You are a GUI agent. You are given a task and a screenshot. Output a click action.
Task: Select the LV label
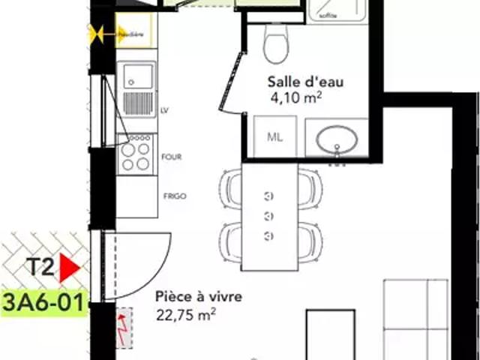pyautogui.click(x=164, y=110)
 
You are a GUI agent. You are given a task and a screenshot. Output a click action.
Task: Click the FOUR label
pyautogui.click(x=171, y=157)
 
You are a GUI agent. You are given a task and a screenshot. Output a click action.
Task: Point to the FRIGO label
pyautogui.click(x=175, y=196)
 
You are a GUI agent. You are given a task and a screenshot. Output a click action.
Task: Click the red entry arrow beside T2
pyautogui.click(x=70, y=267)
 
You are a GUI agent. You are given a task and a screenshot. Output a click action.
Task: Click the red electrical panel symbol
pyautogui.click(x=122, y=328)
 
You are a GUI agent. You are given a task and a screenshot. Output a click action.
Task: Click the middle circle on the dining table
pyautogui.click(x=269, y=217)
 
